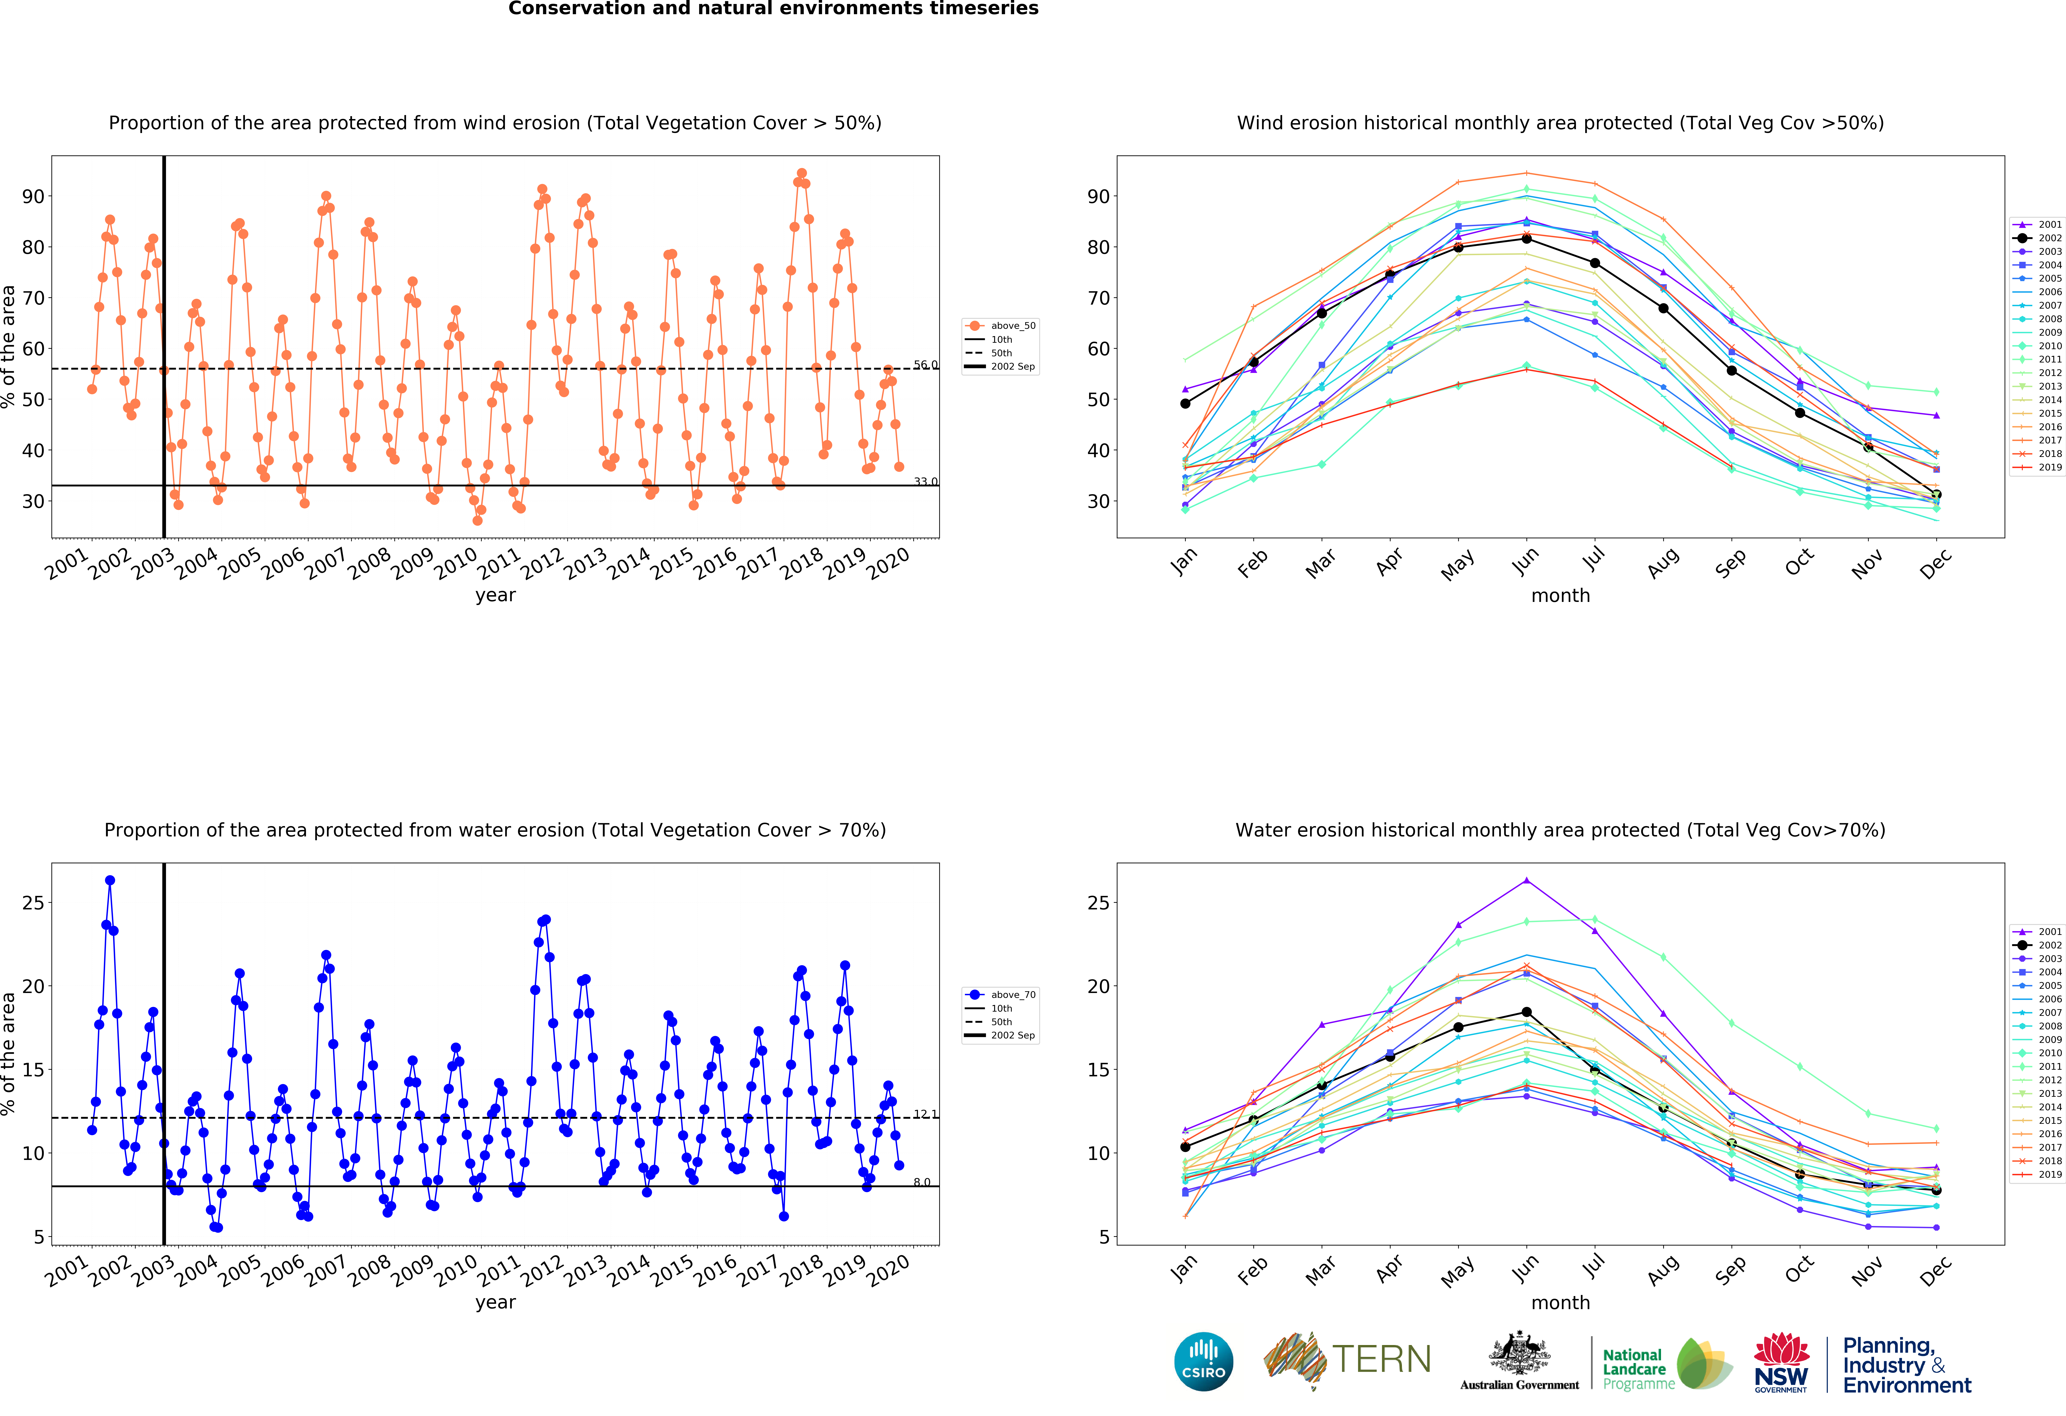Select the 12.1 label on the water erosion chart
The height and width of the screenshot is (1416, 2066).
[x=925, y=1114]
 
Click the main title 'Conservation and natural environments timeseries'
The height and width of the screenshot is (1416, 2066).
[x=773, y=9]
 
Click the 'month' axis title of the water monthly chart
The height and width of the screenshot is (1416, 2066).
[x=1560, y=1302]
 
